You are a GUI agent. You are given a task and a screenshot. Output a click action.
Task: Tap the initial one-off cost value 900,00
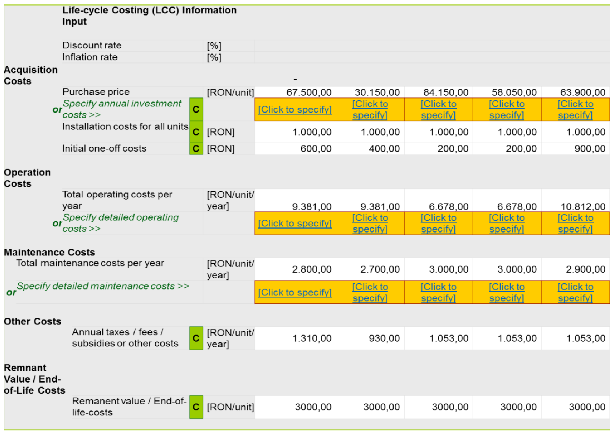tap(590, 149)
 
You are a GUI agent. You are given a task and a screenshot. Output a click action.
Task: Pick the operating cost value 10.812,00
tap(583, 207)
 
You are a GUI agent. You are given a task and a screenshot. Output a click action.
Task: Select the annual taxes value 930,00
tap(384, 338)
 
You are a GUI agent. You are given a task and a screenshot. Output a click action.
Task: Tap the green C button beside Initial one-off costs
tap(196, 149)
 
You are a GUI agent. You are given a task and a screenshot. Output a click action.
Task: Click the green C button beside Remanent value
tap(196, 407)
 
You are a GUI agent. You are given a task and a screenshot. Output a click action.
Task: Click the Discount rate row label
tap(92, 45)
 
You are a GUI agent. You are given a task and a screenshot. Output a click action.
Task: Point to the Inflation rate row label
tap(90, 57)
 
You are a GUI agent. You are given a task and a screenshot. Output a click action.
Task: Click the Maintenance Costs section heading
tap(50, 252)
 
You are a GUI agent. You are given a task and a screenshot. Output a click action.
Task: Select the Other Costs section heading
tap(32, 321)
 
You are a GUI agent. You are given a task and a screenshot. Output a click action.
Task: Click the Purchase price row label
tap(96, 92)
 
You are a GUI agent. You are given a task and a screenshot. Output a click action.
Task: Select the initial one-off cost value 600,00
tap(316, 149)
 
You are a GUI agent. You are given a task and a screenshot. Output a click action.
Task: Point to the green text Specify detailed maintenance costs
tap(102, 286)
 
